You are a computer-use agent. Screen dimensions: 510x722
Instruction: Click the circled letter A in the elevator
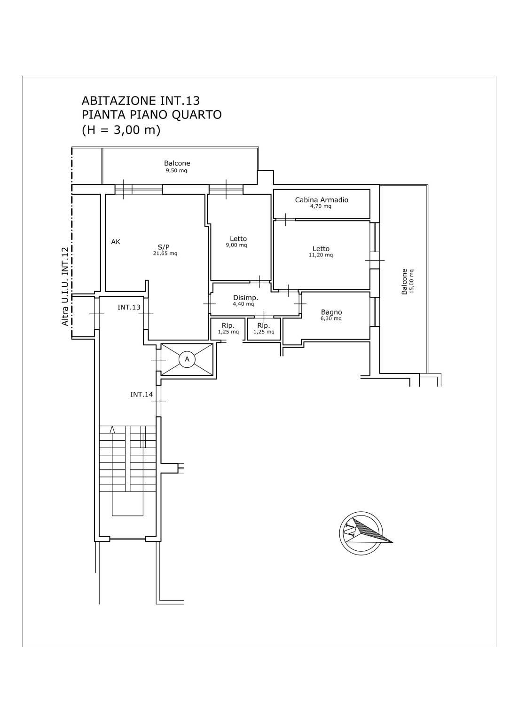pyautogui.click(x=187, y=359)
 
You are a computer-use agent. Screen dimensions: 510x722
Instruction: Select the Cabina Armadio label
pyautogui.click(x=322, y=200)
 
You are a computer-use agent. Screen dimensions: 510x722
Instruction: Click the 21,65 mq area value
pyautogui.click(x=165, y=254)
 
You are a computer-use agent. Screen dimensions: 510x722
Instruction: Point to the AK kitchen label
pyautogui.click(x=116, y=242)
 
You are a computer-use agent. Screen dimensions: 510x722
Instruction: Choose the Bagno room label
pyautogui.click(x=331, y=312)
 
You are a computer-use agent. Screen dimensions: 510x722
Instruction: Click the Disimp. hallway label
pyautogui.click(x=245, y=298)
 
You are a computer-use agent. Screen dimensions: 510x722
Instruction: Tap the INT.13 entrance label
pyautogui.click(x=129, y=307)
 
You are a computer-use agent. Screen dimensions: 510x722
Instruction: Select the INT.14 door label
pyautogui.click(x=141, y=394)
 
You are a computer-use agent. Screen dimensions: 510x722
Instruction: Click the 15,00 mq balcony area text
pyautogui.click(x=411, y=281)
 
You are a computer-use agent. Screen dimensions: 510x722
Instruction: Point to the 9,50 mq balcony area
pyautogui.click(x=176, y=171)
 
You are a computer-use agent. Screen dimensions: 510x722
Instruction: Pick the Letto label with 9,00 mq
pyautogui.click(x=238, y=239)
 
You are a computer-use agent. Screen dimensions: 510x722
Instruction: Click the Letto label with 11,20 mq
pyautogui.click(x=321, y=249)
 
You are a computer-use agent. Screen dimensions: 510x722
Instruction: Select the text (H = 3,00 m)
pyautogui.click(x=121, y=130)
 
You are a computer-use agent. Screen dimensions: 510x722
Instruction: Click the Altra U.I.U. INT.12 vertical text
pyautogui.click(x=65, y=286)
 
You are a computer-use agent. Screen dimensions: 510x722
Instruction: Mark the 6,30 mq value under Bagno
pyautogui.click(x=331, y=318)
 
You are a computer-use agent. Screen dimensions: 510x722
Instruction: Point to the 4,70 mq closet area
pyautogui.click(x=321, y=206)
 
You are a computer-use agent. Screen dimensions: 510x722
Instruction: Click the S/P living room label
pyautogui.click(x=164, y=247)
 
